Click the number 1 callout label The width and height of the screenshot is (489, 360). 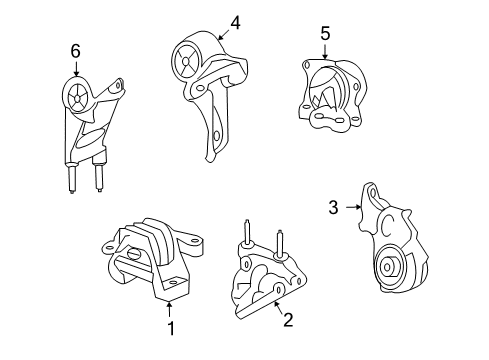[x=170, y=328]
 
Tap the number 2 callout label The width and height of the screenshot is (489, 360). [x=287, y=320]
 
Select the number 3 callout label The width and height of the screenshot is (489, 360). [x=333, y=207]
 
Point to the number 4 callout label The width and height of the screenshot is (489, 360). [x=235, y=22]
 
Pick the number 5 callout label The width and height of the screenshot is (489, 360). [x=324, y=35]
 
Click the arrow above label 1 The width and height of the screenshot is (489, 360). [x=170, y=308]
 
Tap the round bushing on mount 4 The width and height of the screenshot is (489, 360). [x=187, y=62]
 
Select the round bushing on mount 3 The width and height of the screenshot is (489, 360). [x=389, y=268]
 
